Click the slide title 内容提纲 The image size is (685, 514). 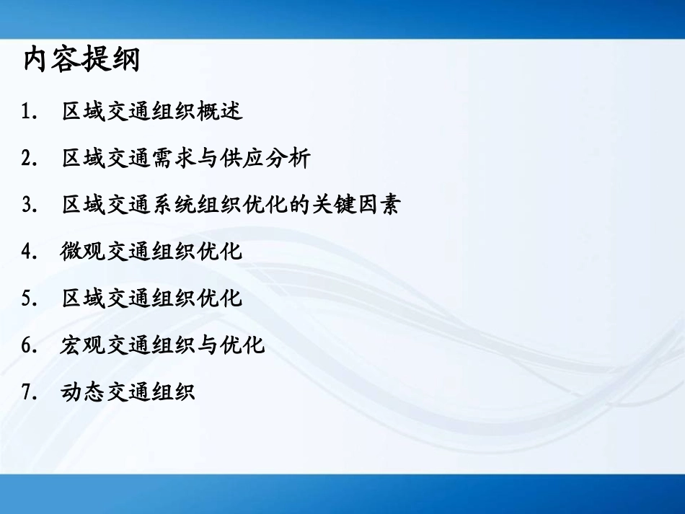pos(81,61)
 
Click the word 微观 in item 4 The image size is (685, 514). pos(84,252)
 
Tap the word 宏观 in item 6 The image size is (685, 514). pos(84,346)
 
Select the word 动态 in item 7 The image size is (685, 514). pos(84,393)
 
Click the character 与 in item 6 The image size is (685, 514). pos(208,346)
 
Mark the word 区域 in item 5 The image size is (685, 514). pos(84,299)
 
